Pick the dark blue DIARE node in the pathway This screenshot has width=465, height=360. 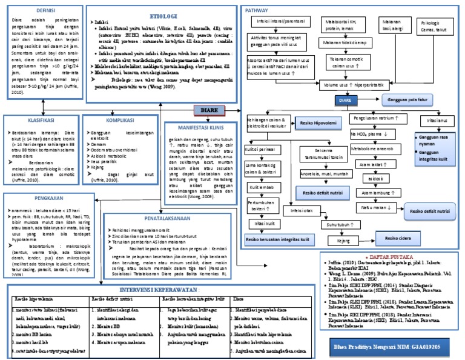pos(346,99)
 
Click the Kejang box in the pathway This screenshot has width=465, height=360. pos(343,241)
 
